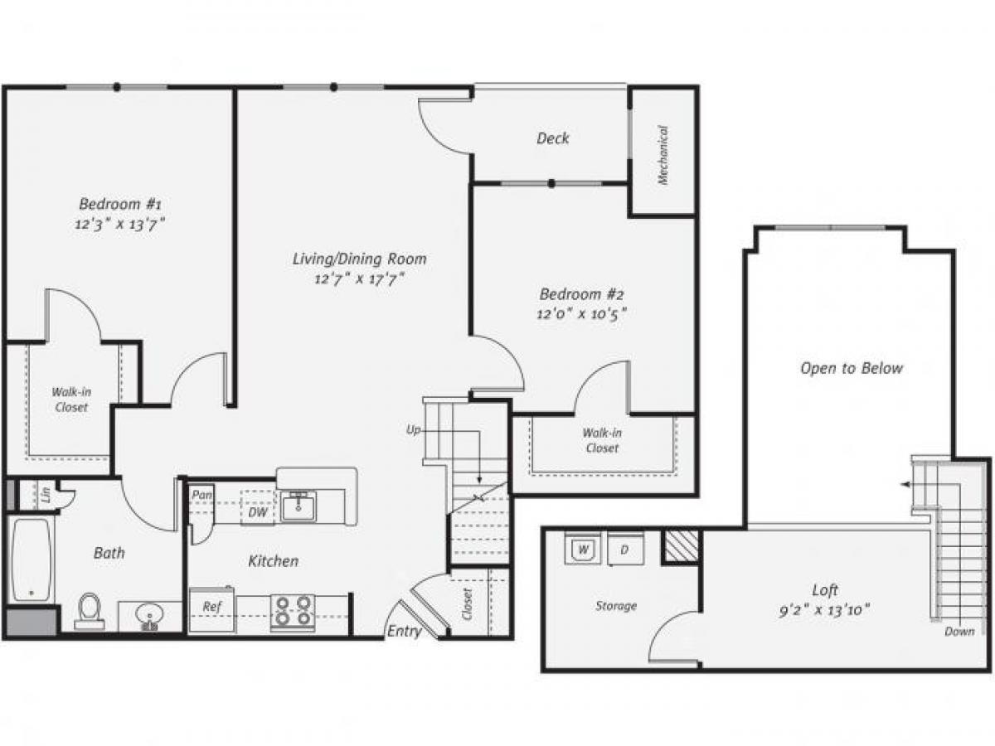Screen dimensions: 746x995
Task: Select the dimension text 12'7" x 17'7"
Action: pos(359,279)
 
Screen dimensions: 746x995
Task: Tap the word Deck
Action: pos(552,138)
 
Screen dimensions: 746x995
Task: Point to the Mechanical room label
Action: pos(663,154)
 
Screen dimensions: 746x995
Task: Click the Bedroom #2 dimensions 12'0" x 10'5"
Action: pos(581,313)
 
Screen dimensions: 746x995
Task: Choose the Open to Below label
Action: pos(851,368)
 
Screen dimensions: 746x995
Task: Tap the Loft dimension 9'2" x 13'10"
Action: pos(825,611)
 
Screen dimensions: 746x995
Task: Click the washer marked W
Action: pos(583,549)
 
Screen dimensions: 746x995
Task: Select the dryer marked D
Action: pos(624,549)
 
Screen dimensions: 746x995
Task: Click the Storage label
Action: pos(616,606)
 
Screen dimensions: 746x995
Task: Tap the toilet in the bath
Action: pos(90,612)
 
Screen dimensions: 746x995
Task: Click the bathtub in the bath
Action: pos(32,559)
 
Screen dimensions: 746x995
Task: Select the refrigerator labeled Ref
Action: pos(212,608)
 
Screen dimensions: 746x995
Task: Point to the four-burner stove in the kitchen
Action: pos(294,610)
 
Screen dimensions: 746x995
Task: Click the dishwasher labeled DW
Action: pos(258,512)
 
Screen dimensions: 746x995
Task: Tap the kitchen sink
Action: pos(298,505)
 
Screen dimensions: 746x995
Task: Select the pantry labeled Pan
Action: pos(201,495)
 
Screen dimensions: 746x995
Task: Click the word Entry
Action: pos(405,632)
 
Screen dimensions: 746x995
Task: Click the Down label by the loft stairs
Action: pos(959,632)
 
